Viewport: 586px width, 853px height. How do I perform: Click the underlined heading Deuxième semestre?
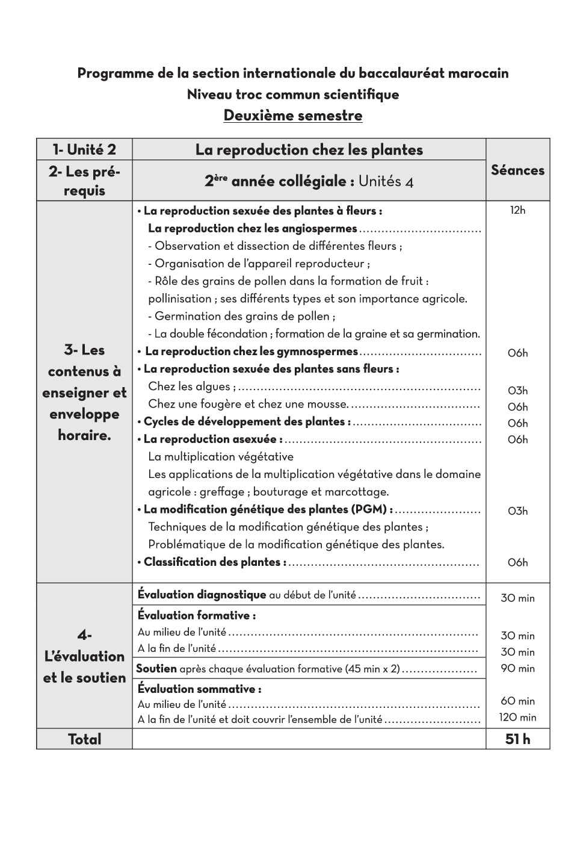(293, 115)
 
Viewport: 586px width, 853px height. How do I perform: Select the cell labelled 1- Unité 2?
(84, 149)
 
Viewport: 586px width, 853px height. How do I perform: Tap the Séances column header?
(517, 170)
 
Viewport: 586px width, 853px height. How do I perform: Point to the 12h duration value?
(517, 210)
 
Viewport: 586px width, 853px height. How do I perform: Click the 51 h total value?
(517, 739)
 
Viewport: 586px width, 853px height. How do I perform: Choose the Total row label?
(84, 739)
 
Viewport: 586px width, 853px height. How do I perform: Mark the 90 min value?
(517, 668)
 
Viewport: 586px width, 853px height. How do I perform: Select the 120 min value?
(517, 717)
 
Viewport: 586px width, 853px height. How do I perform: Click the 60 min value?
(517, 701)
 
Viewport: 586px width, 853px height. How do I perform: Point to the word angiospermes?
(319, 228)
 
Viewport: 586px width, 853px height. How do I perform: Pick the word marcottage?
(358, 492)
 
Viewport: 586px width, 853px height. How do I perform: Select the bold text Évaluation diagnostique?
(202, 595)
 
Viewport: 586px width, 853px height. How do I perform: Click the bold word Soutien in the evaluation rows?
(156, 668)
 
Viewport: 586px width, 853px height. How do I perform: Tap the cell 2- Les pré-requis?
(84, 181)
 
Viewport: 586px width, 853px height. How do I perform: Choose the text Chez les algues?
(192, 386)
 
